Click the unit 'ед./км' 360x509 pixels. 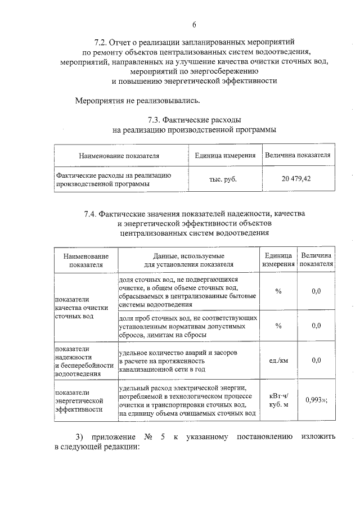pos(278,361)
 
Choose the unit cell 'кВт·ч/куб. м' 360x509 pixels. pos(278,400)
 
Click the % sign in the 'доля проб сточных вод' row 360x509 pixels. pos(278,326)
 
